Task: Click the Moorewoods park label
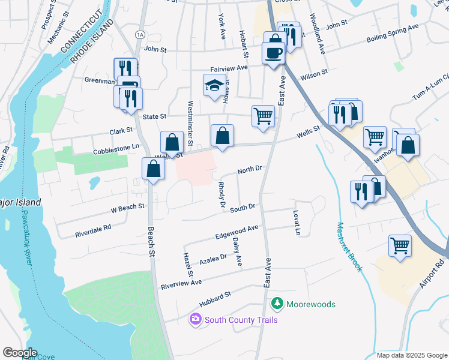coord(310,304)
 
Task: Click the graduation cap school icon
coord(214,85)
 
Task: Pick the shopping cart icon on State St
coord(263,116)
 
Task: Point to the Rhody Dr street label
coord(221,196)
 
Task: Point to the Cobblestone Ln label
coord(116,149)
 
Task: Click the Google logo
coord(20,353)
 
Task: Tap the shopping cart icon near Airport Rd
coord(400,245)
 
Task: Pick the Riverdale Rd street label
coord(93,230)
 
